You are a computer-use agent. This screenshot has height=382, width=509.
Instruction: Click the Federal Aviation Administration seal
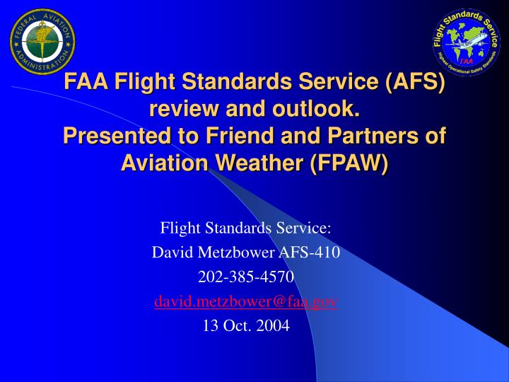point(42,41)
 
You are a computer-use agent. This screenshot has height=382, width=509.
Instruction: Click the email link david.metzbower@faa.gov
point(245,301)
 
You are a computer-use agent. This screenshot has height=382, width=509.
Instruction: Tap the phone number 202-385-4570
point(245,276)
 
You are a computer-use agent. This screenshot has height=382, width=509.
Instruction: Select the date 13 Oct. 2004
point(245,326)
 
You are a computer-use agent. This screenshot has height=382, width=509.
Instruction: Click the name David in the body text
point(168,251)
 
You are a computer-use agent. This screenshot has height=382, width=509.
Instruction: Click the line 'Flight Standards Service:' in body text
point(245,227)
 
